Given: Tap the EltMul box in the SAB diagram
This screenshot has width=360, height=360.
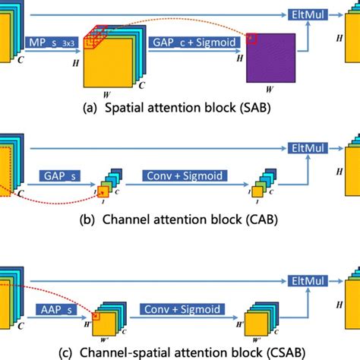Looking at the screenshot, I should pyautogui.click(x=305, y=15).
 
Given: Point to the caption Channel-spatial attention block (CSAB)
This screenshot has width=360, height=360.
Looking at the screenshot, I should pyautogui.click(x=180, y=351).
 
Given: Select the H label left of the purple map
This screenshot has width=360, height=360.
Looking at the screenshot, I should pyautogui.click(x=240, y=57).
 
